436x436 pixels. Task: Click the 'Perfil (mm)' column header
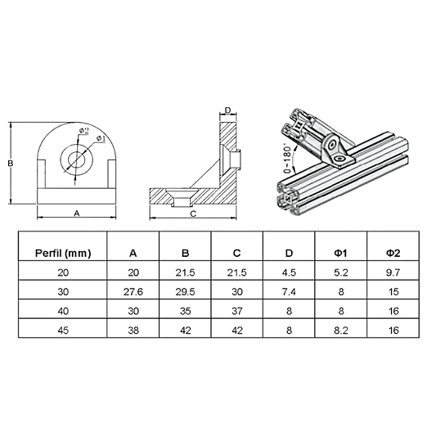63,252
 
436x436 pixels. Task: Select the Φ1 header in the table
340,252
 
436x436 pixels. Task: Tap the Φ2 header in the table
393,252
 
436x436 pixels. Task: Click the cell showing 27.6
133,290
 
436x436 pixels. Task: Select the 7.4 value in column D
289,290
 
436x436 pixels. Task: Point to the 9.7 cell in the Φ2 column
393,272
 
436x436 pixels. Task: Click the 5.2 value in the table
340,272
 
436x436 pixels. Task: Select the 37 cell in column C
237,310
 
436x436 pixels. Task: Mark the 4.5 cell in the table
289,272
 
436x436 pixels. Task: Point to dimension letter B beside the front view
10,164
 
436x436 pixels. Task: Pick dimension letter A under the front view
76,212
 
